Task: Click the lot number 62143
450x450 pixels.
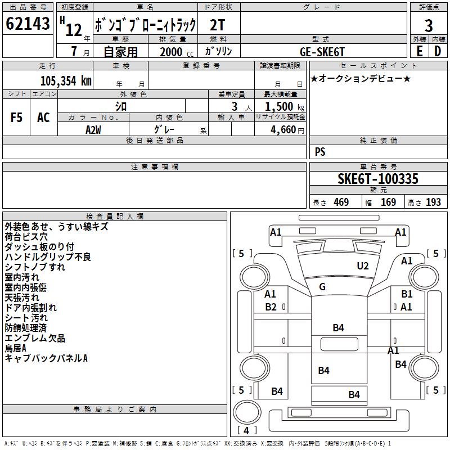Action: [28, 24]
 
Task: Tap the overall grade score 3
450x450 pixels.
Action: [429, 26]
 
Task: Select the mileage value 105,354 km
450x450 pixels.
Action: [66, 80]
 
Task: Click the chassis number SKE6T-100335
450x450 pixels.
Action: [378, 179]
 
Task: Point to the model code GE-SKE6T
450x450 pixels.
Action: [322, 52]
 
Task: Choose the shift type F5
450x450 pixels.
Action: [16, 118]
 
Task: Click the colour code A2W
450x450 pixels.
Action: [93, 130]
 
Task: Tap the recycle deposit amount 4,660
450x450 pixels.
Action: [283, 130]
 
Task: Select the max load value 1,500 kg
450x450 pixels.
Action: [285, 107]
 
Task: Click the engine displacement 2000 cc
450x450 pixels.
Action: [177, 52]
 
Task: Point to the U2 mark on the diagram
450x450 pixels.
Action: [363, 266]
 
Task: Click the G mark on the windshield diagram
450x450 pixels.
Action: [322, 286]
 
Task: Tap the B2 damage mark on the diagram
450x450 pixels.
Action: [271, 307]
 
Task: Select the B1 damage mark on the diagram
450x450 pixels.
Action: [407, 294]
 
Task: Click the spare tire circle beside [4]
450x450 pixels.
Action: [247, 412]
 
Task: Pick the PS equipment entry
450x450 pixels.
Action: [320, 152]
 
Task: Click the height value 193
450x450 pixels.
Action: [433, 202]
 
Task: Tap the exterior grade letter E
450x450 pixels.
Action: [420, 51]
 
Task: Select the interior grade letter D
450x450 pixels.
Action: [438, 51]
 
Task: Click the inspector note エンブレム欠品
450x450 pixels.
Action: [35, 338]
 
